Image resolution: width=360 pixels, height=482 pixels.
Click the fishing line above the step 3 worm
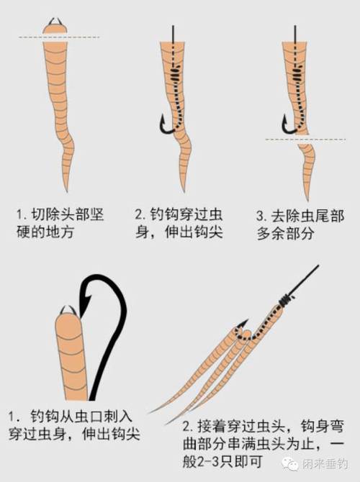(295, 32)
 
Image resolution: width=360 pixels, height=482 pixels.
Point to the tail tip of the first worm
(68, 188)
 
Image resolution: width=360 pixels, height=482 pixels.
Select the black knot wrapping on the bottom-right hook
(289, 296)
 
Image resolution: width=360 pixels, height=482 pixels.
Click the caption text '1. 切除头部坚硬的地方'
(53, 223)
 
